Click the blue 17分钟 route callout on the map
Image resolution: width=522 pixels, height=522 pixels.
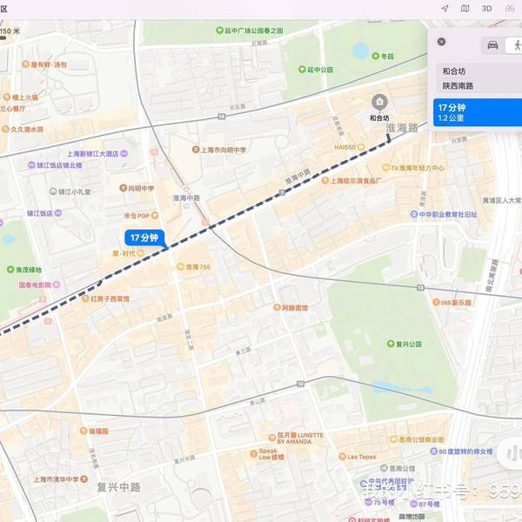click(x=144, y=238)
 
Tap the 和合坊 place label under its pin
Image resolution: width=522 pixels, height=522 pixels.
click(x=378, y=117)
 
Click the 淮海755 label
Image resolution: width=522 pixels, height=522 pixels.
click(x=197, y=267)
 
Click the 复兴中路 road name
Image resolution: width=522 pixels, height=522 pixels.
click(x=118, y=487)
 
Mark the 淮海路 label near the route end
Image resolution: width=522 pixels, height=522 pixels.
click(x=401, y=128)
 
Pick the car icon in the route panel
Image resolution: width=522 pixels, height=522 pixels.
click(x=492, y=45)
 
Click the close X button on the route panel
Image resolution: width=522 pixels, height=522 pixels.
click(x=441, y=42)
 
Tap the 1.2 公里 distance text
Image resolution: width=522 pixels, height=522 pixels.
click(x=449, y=117)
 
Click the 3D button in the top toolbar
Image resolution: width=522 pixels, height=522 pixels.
click(x=487, y=8)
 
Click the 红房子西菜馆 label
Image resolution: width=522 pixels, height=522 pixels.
click(x=110, y=298)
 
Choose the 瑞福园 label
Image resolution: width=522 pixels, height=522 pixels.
click(x=97, y=431)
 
